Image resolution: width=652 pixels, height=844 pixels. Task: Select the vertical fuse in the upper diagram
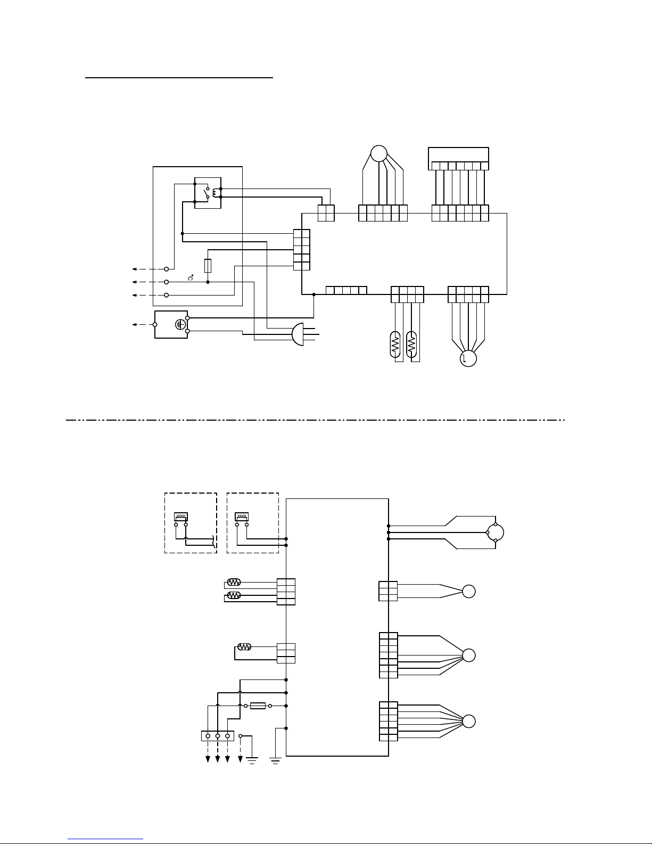(x=208, y=265)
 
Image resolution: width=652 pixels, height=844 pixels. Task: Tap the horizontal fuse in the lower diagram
(x=258, y=706)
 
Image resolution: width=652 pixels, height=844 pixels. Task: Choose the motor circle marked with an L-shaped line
(x=468, y=359)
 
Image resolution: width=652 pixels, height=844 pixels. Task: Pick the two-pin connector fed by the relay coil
(x=326, y=213)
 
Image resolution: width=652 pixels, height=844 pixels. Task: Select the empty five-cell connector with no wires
(x=346, y=290)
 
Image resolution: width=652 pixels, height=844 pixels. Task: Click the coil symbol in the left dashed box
(x=181, y=517)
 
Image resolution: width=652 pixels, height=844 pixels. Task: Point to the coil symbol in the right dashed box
(x=242, y=517)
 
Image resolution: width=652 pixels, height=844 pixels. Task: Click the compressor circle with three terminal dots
(x=495, y=532)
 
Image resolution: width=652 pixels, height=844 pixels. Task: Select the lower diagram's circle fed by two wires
(x=468, y=592)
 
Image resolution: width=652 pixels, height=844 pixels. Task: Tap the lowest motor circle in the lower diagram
(x=468, y=722)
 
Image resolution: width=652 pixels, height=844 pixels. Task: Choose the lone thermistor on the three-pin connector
(x=244, y=647)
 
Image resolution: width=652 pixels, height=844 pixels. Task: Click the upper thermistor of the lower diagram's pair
(x=234, y=583)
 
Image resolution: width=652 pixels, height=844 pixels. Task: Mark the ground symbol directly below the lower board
(x=275, y=758)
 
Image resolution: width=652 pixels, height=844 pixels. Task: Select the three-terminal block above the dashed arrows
(x=217, y=736)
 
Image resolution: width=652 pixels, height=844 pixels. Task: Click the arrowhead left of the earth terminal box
(x=134, y=324)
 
